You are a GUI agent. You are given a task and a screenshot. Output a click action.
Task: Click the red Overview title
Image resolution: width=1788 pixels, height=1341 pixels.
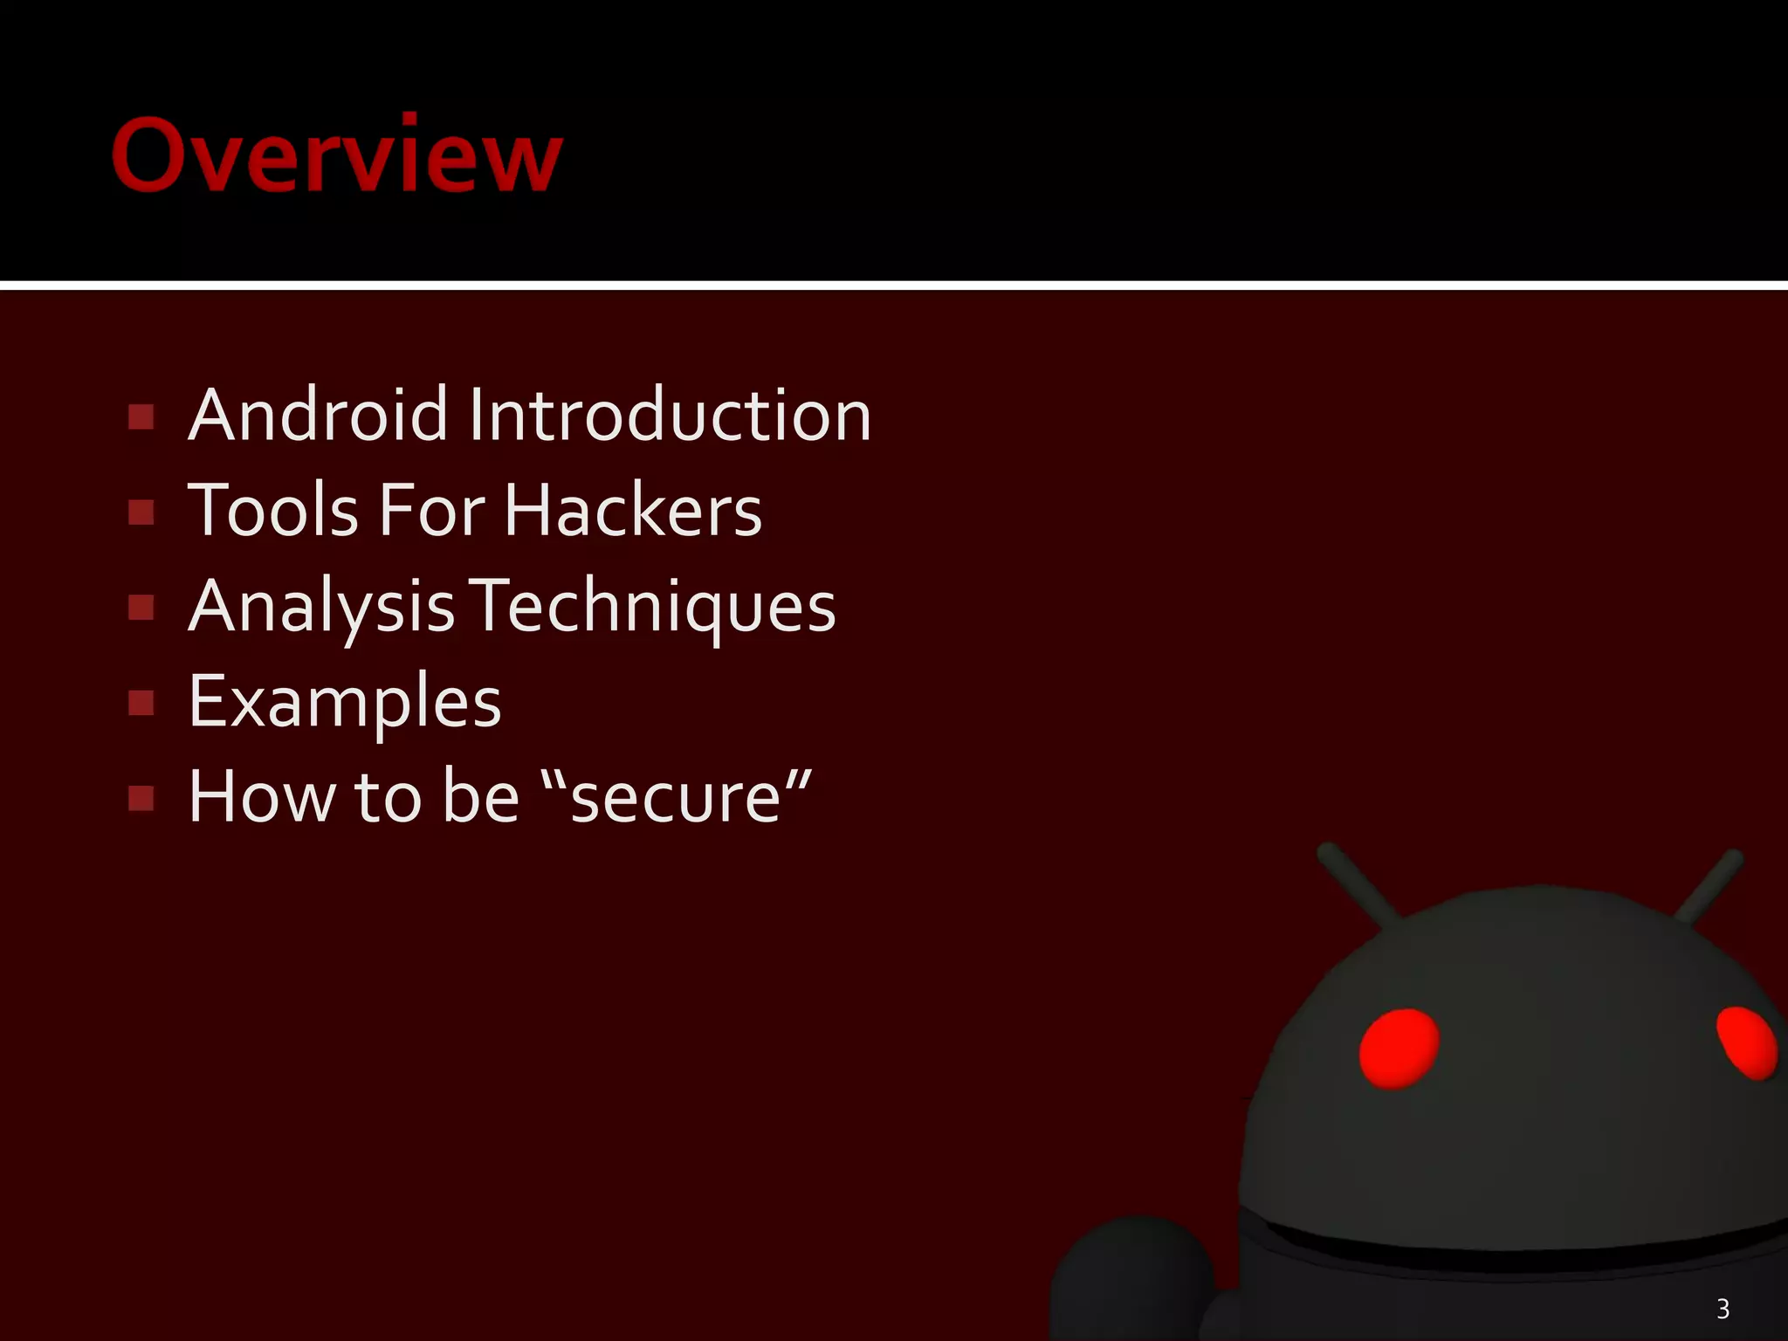pyautogui.click(x=337, y=155)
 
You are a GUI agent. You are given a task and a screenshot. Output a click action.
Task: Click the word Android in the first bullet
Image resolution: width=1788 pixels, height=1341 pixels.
pyautogui.click(x=319, y=416)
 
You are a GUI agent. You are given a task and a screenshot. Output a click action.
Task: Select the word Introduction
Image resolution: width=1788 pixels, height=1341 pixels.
pyautogui.click(x=670, y=416)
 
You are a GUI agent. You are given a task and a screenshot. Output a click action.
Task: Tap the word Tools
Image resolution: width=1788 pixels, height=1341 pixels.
pyautogui.click(x=273, y=511)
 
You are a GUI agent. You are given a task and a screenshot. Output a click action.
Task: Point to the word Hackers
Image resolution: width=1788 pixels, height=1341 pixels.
pyautogui.click(x=633, y=511)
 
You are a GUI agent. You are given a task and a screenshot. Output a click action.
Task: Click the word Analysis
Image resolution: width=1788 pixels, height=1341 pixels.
pyautogui.click(x=321, y=608)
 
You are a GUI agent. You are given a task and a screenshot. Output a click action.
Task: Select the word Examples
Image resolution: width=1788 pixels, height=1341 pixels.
pyautogui.click(x=345, y=703)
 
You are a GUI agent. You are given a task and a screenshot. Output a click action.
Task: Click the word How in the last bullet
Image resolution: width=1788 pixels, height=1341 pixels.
pyautogui.click(x=261, y=797)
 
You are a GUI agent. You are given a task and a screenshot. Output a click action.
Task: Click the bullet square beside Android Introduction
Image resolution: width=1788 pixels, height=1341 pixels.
pyautogui.click(x=141, y=417)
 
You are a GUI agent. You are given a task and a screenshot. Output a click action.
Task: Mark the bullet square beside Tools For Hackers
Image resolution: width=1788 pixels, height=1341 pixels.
pyautogui.click(x=141, y=512)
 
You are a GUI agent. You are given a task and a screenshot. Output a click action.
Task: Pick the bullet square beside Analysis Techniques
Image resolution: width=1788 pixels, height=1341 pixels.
pyautogui.click(x=141, y=608)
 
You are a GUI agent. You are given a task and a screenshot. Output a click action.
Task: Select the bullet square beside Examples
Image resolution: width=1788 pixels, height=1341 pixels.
pyautogui.click(x=141, y=703)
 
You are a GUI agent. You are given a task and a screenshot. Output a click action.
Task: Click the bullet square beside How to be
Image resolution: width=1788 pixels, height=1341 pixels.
pyautogui.click(x=141, y=798)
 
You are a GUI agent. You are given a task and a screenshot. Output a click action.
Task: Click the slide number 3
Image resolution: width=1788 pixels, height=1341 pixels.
pyautogui.click(x=1723, y=1309)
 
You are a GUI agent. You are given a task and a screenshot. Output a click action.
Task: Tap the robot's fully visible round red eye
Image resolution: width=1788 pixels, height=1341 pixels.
pyautogui.click(x=1399, y=1049)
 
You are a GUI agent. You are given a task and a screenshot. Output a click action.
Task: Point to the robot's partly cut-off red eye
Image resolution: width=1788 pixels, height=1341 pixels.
pyautogui.click(x=1747, y=1042)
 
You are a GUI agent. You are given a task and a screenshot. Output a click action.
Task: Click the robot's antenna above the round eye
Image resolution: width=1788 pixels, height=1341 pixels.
pyautogui.click(x=1360, y=884)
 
